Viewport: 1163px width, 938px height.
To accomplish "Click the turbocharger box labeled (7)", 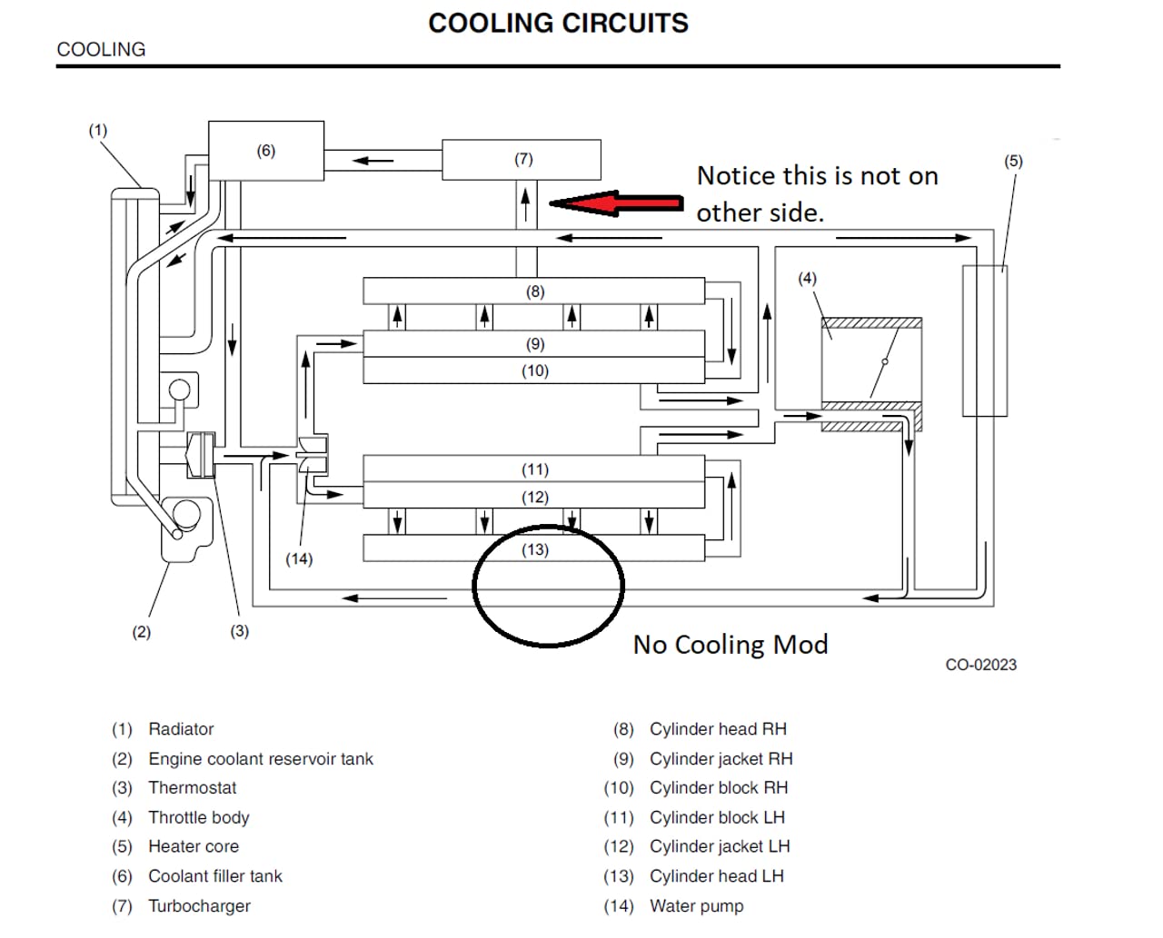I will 522,160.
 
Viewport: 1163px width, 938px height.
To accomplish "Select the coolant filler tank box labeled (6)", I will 266,151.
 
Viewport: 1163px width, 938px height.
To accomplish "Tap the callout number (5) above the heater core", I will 1013,162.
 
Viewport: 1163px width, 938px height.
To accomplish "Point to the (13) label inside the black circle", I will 535,549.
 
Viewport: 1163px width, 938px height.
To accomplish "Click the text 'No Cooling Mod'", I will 731,645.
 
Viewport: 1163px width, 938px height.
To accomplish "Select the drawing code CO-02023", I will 980,665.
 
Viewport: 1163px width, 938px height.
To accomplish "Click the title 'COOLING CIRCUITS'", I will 558,24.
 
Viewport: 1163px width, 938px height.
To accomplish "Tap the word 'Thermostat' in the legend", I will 192,788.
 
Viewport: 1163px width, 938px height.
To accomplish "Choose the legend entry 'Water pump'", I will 696,906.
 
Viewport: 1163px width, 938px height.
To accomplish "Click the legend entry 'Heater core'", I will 194,847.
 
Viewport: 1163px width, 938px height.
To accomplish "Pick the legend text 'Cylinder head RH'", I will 718,729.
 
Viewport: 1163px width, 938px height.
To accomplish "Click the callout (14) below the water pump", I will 299,559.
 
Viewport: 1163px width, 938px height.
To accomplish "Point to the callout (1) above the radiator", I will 97,131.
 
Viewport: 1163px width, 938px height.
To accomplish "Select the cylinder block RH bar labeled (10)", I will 534,370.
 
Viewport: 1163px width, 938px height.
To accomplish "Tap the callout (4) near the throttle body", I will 807,279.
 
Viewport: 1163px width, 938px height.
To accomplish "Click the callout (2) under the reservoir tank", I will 141,632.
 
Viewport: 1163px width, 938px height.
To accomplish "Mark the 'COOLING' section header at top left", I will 101,50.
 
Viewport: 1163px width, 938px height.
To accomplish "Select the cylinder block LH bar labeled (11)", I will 534,469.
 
